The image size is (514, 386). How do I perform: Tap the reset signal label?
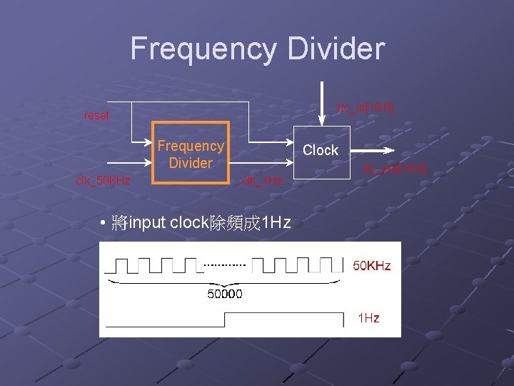(x=96, y=116)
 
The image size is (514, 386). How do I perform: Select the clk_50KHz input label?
(x=103, y=180)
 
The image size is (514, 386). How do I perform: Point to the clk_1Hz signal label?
(x=261, y=180)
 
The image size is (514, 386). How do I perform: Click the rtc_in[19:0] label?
(x=365, y=107)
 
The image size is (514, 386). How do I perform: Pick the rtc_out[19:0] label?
(x=394, y=169)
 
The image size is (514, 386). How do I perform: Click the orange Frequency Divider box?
(x=191, y=154)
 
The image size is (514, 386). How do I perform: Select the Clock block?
(x=321, y=150)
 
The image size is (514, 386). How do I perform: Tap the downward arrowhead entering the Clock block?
(x=324, y=121)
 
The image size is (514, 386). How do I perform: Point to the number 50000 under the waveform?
(x=224, y=293)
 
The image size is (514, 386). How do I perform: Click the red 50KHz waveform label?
(x=372, y=266)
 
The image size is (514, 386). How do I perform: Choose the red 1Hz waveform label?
(x=368, y=317)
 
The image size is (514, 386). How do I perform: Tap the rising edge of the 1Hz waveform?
(x=225, y=320)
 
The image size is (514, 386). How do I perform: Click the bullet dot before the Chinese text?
(x=104, y=223)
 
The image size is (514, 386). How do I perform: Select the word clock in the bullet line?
(x=188, y=223)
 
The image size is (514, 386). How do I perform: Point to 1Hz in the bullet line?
(x=275, y=223)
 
